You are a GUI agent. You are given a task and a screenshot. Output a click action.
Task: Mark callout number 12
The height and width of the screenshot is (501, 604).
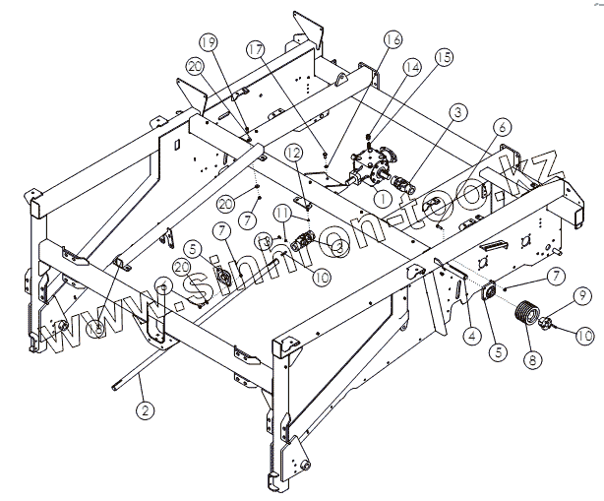click(x=293, y=153)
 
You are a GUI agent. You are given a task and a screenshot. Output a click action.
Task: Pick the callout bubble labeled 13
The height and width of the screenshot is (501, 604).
click(x=264, y=240)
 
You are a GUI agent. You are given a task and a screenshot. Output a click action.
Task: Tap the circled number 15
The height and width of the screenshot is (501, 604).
click(x=445, y=58)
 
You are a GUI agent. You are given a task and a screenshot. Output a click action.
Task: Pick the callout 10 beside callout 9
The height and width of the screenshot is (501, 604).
click(x=584, y=336)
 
